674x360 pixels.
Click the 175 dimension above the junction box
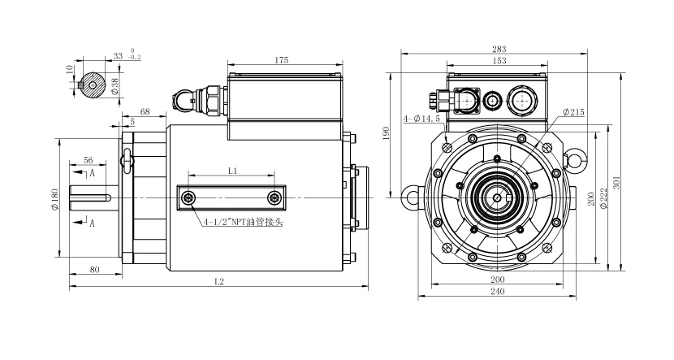(x=281, y=59)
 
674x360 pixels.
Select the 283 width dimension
(x=498, y=47)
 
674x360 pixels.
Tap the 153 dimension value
(x=498, y=60)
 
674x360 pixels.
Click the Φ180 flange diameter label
(x=55, y=197)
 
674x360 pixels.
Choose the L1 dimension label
(x=232, y=171)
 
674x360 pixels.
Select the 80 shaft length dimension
(x=95, y=267)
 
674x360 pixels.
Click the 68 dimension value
(x=145, y=111)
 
